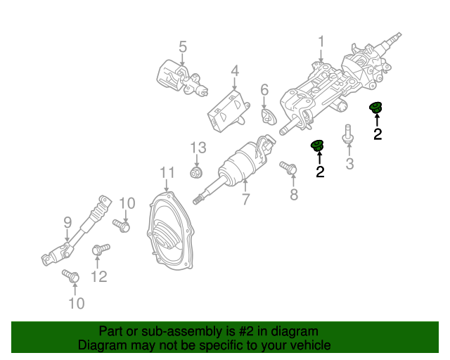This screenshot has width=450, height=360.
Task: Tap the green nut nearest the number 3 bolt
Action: [x=318, y=146]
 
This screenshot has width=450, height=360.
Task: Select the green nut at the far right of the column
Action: [x=376, y=108]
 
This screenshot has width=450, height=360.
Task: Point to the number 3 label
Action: [x=349, y=165]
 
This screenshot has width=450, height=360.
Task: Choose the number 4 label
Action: [x=234, y=71]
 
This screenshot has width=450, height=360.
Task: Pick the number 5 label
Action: [x=183, y=47]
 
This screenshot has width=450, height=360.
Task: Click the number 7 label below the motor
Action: [x=245, y=200]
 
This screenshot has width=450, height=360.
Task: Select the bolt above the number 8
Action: [x=288, y=167]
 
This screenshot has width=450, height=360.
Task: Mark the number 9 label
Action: [x=67, y=223]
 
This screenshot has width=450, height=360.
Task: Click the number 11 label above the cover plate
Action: [x=166, y=172]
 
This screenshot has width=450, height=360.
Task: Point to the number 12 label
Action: [x=99, y=276]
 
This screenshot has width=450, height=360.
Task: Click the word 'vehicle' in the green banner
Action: [x=308, y=345]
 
